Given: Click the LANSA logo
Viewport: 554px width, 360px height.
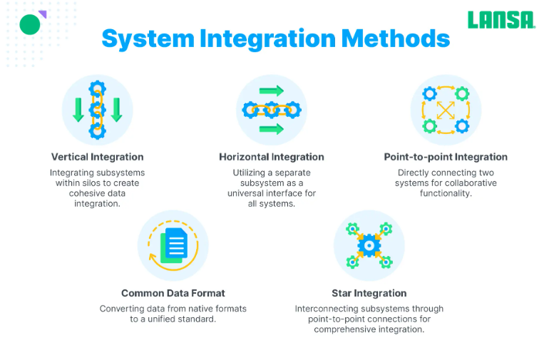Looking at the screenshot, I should coord(501,20).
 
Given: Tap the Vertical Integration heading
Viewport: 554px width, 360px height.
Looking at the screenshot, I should coord(97,157).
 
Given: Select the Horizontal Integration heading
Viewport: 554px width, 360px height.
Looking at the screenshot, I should coord(271,157).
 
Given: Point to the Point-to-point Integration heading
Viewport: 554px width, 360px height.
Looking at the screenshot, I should coord(446,157).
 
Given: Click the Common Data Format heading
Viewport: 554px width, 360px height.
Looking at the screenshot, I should coord(173,293).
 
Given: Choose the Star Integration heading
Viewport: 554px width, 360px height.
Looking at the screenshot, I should coord(369,293).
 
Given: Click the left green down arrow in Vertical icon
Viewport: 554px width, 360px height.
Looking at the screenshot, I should coord(78,109).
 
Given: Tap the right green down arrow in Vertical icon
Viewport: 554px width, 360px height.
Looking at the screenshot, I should coord(116,109).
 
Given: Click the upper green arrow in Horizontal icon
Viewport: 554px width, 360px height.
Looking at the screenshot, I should coord(271,91).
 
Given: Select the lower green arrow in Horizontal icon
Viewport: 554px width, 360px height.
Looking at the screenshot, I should coord(271,129).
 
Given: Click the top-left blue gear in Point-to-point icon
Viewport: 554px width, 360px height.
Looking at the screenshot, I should coord(429,93).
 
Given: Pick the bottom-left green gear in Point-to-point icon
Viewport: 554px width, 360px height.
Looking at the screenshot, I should coord(429,126).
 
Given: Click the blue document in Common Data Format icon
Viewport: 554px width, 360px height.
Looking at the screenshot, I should coord(176,245).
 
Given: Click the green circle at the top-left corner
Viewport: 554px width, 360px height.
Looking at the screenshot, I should coord(30,25).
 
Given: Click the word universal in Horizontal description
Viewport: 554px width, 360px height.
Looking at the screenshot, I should coord(247,193).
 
